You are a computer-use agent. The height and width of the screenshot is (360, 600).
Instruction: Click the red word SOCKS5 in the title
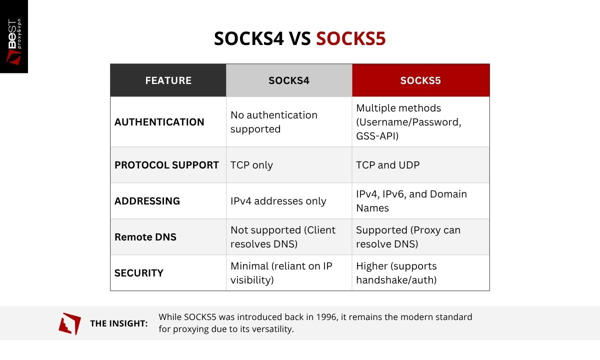pyautogui.click(x=350, y=38)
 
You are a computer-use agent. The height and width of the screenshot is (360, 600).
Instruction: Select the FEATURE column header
pyautogui.click(x=168, y=80)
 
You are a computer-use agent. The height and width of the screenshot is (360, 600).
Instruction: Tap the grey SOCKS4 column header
pyautogui.click(x=289, y=80)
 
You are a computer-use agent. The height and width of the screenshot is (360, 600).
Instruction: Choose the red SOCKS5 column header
pyautogui.click(x=420, y=80)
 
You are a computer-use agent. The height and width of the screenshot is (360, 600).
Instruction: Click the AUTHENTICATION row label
pyautogui.click(x=159, y=122)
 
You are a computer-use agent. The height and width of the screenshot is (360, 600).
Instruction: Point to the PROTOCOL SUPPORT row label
pyautogui.click(x=166, y=165)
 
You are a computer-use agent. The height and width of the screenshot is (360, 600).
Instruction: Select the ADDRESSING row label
pyautogui.click(x=147, y=201)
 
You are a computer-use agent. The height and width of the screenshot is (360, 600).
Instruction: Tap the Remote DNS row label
pyautogui.click(x=145, y=237)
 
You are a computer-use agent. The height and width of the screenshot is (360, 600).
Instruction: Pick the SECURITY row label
pyautogui.click(x=139, y=273)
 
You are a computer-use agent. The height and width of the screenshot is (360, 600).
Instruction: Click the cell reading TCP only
pyautogui.click(x=251, y=165)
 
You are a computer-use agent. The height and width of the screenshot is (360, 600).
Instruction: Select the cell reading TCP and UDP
pyautogui.click(x=387, y=165)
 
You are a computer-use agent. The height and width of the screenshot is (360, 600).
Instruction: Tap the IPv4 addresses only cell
pyautogui.click(x=278, y=201)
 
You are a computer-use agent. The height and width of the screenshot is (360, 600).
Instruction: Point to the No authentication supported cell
pyautogui.click(x=274, y=122)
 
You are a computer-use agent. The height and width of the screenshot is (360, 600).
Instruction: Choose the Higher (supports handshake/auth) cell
pyautogui.click(x=396, y=273)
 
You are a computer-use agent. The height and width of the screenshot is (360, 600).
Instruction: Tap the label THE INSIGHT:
pyautogui.click(x=119, y=323)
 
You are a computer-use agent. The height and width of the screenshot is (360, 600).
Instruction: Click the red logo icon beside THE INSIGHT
pyautogui.click(x=69, y=323)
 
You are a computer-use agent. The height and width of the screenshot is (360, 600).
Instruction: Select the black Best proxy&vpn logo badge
pyautogui.click(x=14, y=36)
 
